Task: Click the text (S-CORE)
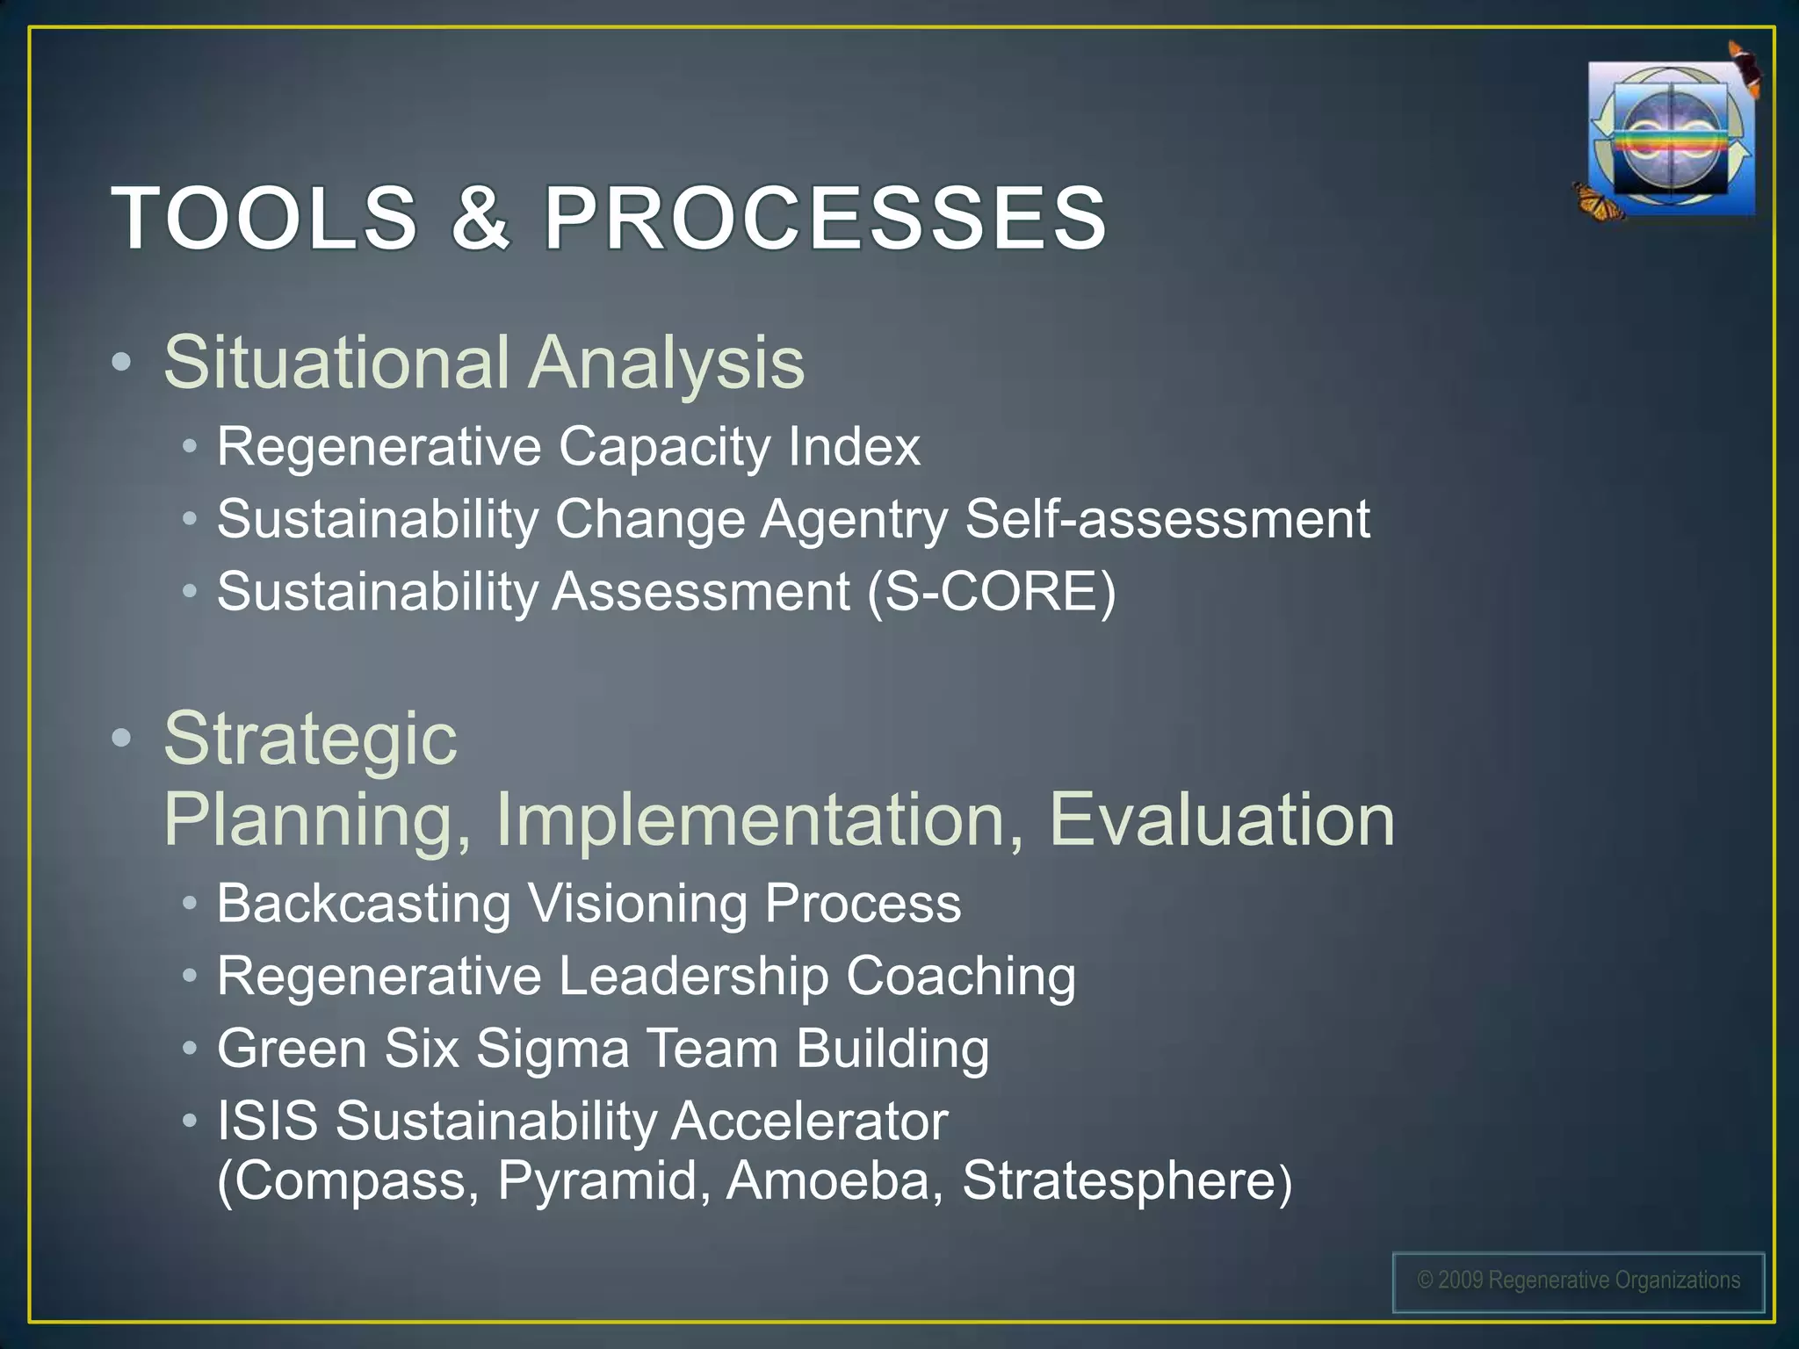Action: (991, 591)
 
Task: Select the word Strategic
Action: (310, 739)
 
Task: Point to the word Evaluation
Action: (1221, 819)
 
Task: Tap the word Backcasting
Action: (364, 903)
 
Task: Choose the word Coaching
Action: (961, 976)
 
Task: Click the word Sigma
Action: (553, 1049)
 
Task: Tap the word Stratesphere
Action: (1119, 1180)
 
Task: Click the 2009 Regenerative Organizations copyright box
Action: (1579, 1281)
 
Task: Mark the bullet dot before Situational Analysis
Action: (122, 362)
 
